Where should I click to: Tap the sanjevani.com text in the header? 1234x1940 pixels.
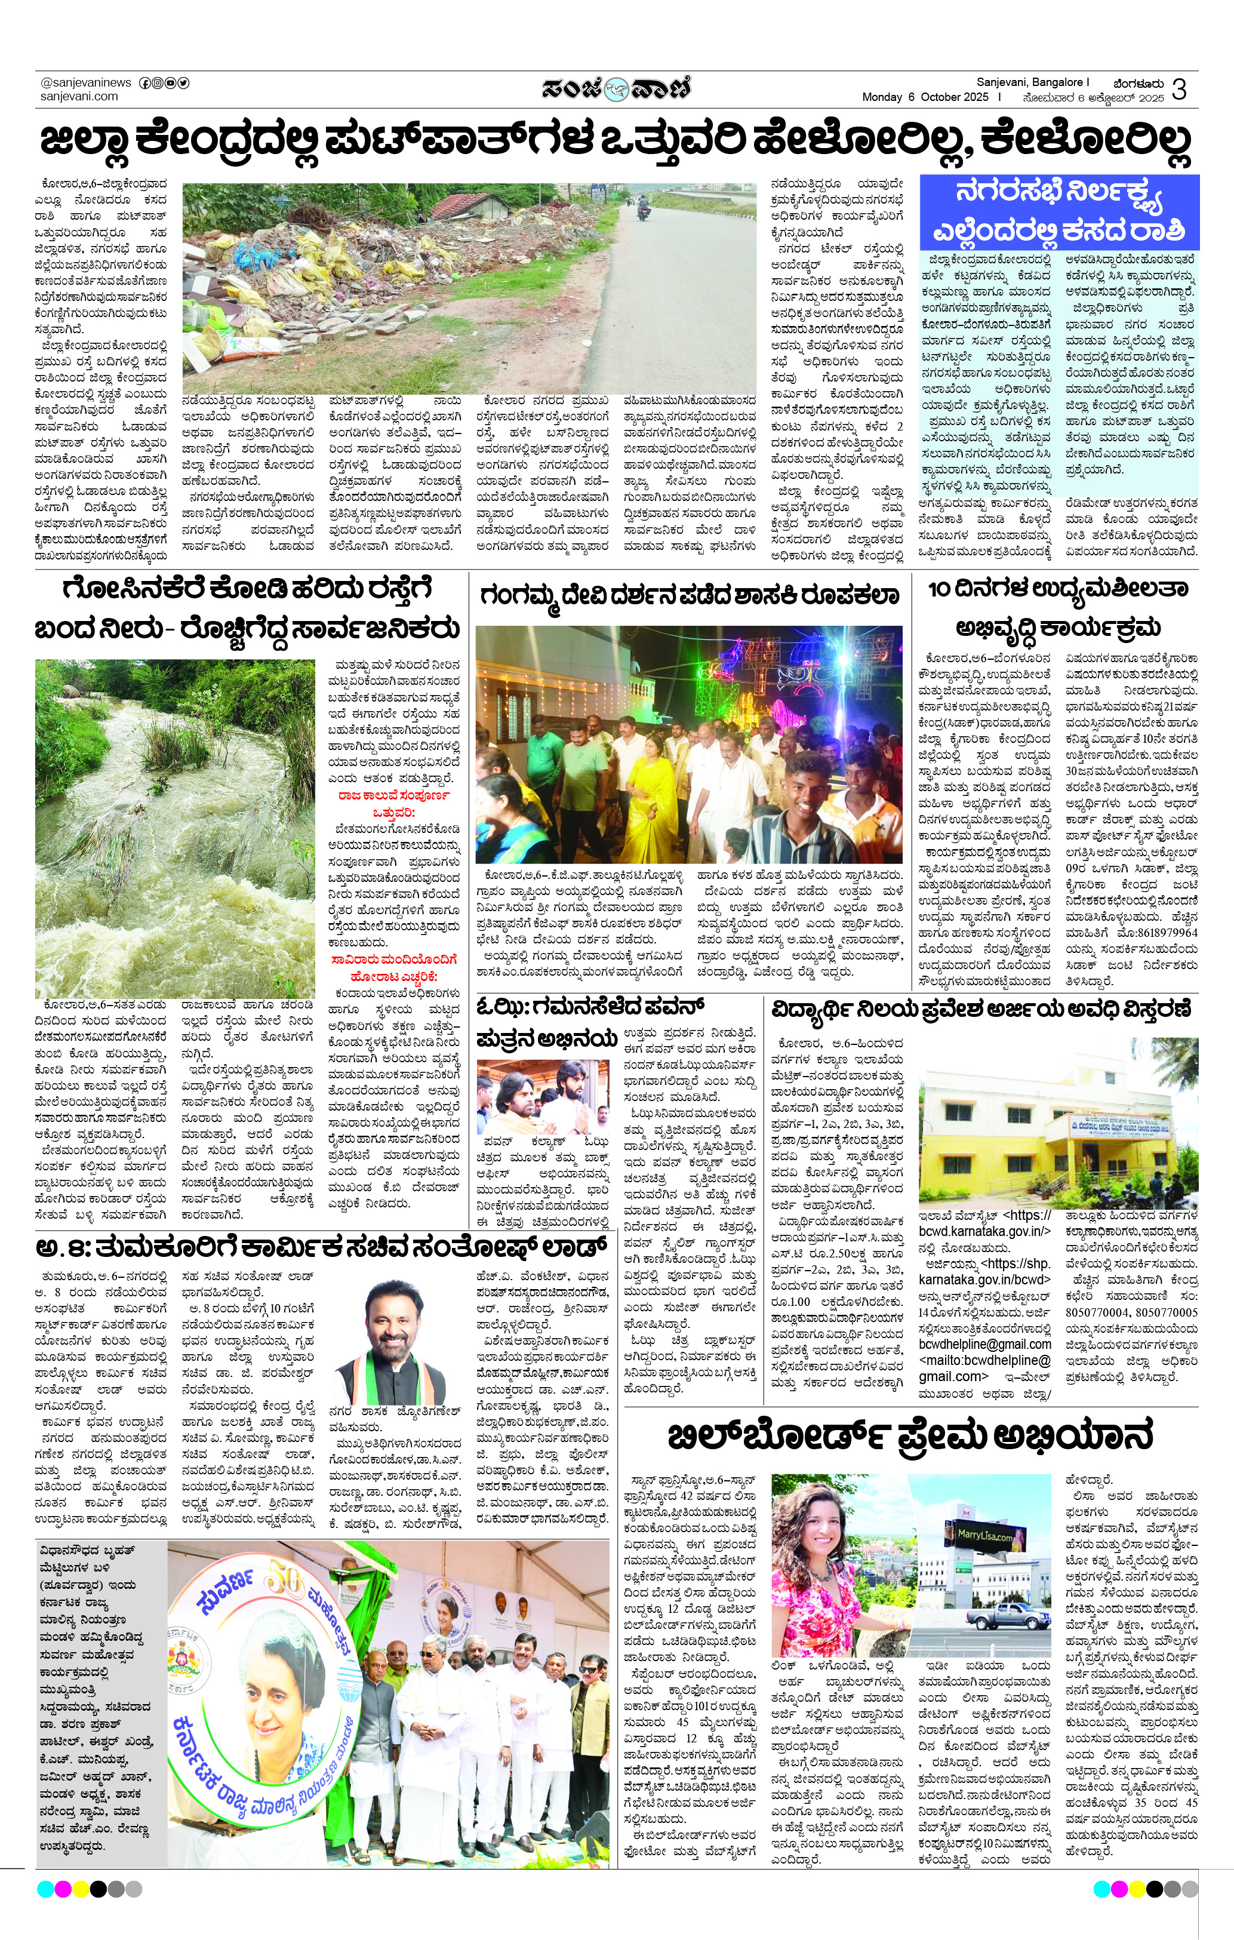pos(79,97)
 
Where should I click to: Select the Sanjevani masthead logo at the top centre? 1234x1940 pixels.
pos(616,88)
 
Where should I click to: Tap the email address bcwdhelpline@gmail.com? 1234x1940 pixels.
pos(984,1345)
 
